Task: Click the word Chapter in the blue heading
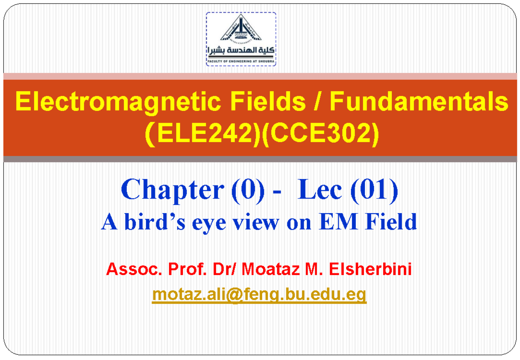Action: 171,191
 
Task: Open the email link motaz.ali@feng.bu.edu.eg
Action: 259,295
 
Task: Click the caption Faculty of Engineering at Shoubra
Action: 241,62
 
